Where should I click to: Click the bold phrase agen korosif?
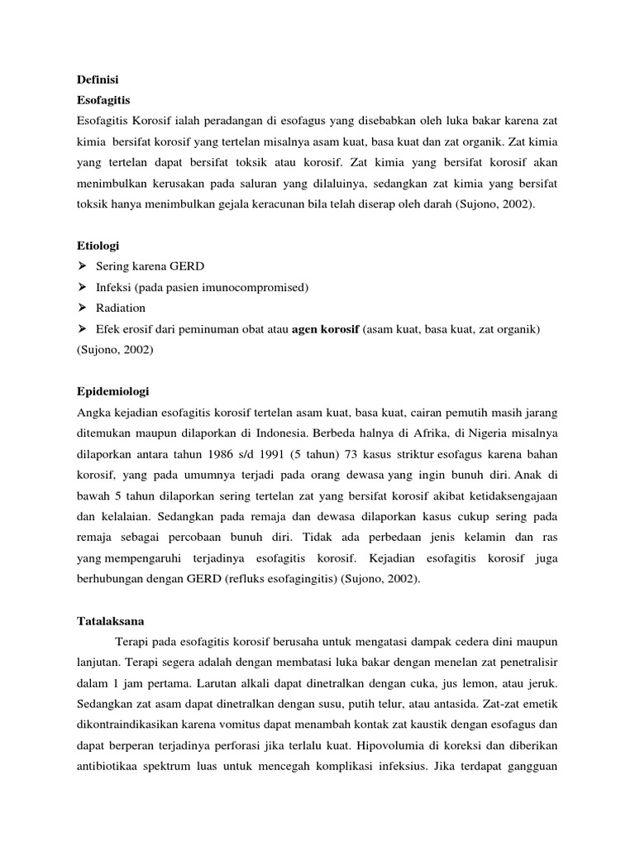click(x=325, y=329)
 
